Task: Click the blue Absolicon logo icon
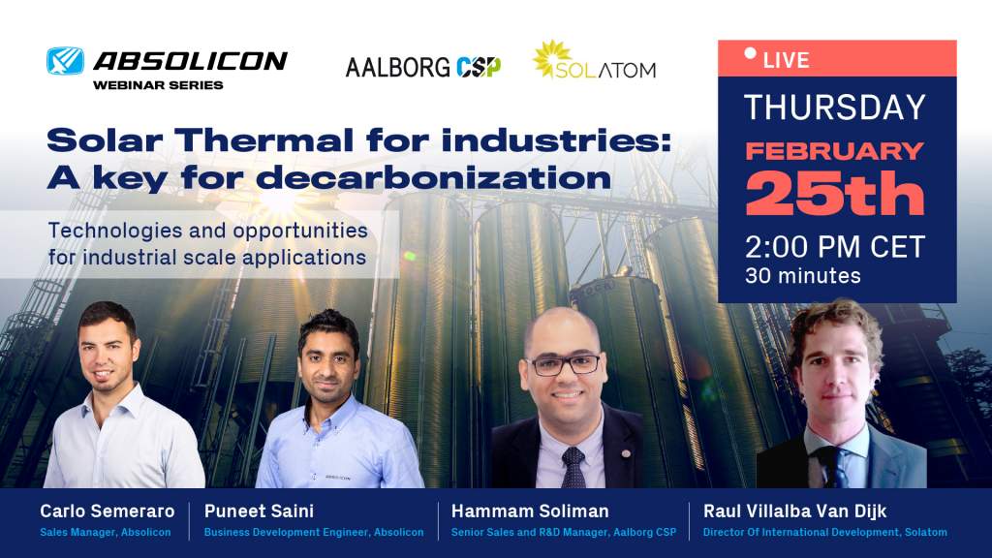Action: (65, 61)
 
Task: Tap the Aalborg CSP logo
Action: (423, 67)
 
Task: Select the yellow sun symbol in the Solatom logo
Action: (551, 59)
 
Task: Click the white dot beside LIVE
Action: (751, 53)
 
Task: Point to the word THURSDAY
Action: (834, 107)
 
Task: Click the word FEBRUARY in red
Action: (834, 151)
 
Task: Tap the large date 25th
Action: (834, 194)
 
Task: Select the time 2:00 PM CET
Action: (834, 247)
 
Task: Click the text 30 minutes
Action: (803, 276)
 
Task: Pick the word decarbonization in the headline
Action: (433, 177)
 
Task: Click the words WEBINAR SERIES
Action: (158, 85)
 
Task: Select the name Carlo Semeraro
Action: (107, 511)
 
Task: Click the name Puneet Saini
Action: (259, 511)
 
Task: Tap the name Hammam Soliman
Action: (530, 511)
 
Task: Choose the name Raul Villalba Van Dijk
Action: (794, 511)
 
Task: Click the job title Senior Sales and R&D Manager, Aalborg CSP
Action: (564, 532)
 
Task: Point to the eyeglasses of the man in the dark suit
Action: (563, 364)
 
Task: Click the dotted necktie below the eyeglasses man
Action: (573, 468)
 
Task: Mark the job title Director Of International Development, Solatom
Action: (825, 532)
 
